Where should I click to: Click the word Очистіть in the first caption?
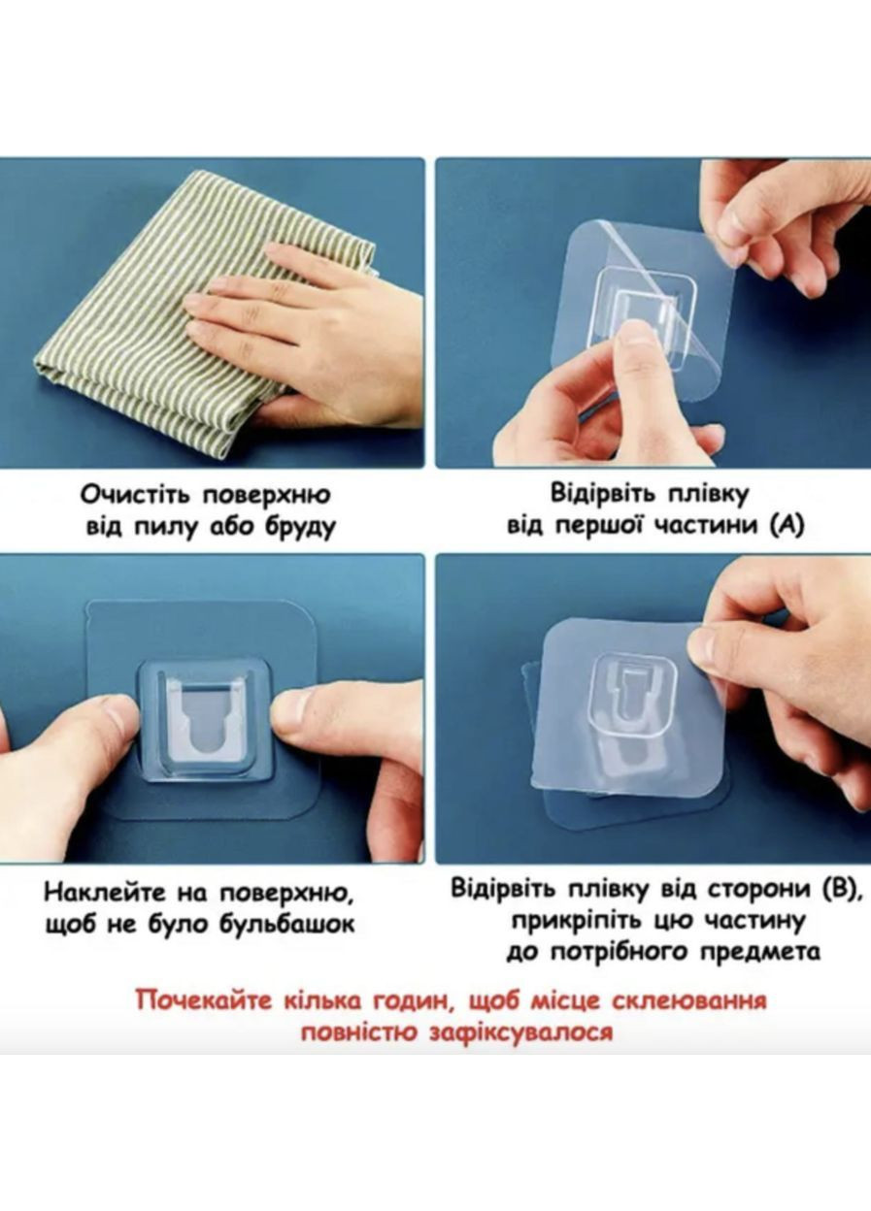(136, 495)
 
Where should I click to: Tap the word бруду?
(300, 526)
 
